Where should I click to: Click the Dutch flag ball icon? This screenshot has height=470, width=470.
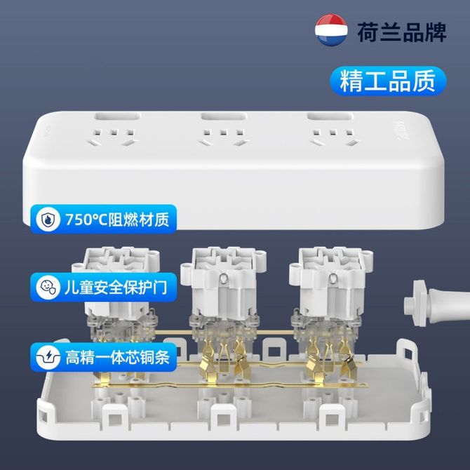(x=331, y=29)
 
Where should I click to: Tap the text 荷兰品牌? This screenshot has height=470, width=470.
(x=402, y=32)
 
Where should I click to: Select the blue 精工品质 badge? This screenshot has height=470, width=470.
(x=388, y=81)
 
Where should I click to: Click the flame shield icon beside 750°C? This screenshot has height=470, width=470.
(x=48, y=219)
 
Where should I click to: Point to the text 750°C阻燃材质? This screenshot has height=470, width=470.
(x=117, y=220)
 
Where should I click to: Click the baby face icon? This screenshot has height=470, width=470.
(x=48, y=287)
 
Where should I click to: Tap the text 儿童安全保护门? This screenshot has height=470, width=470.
(x=116, y=288)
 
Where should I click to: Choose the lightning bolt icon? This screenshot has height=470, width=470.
(x=48, y=357)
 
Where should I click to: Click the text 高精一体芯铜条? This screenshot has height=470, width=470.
(x=117, y=357)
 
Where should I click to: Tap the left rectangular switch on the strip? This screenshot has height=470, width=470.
(x=118, y=116)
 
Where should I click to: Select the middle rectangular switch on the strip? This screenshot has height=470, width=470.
(x=224, y=116)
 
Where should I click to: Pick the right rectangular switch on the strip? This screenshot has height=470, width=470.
(x=330, y=116)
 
